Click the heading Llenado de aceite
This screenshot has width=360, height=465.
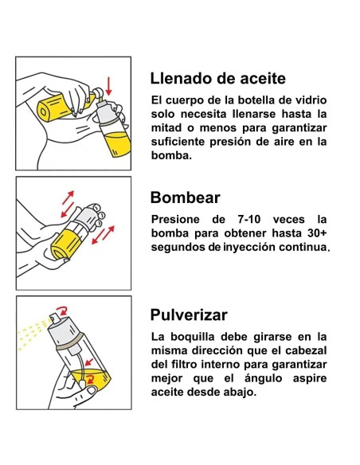218,79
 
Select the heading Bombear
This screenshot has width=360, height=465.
185,197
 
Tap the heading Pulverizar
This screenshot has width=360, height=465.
189,315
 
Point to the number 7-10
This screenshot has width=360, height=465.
249,220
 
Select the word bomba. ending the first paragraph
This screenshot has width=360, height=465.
171,155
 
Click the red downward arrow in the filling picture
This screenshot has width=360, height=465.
109,86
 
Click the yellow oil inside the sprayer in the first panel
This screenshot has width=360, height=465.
117,143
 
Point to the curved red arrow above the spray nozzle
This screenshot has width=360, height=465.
63,311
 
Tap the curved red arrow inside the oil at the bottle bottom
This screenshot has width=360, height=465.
90,379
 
